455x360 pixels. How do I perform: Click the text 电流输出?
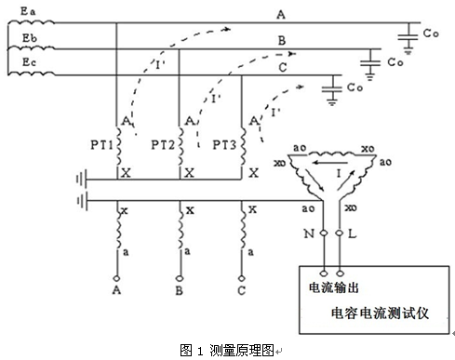[x=333, y=285]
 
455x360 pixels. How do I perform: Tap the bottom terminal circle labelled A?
[x=117, y=276]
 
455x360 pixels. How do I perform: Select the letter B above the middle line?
[x=280, y=40]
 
